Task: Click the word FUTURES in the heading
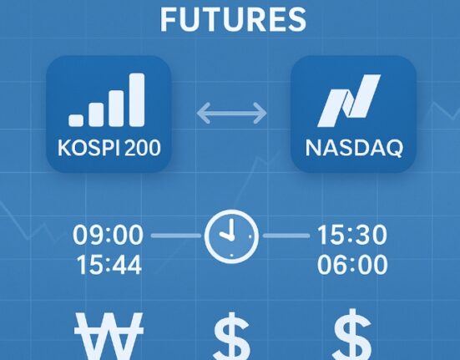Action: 233,20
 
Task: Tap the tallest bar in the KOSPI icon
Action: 137,99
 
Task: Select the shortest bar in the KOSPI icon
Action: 76,120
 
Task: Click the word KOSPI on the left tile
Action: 88,147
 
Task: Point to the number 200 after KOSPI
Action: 143,147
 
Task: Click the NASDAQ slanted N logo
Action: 349,100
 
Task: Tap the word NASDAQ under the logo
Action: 354,148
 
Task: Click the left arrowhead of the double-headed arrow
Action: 204,113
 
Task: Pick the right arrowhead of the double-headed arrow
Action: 260,113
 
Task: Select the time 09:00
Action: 108,235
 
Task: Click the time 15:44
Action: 109,265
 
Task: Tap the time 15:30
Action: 352,235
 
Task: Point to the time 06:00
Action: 352,265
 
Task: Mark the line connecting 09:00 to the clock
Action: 175,236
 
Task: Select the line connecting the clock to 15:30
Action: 286,236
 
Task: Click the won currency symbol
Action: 109,337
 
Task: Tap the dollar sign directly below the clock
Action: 232,337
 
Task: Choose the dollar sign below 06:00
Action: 352,334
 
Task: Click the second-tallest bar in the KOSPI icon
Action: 117,109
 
